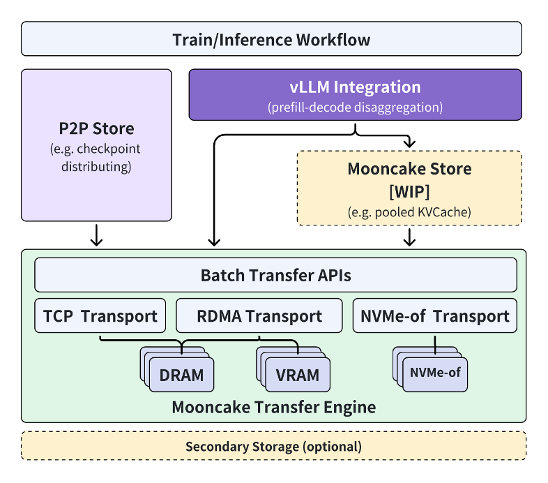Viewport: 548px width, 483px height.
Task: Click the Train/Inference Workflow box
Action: (271, 39)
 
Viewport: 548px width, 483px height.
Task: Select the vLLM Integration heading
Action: (355, 87)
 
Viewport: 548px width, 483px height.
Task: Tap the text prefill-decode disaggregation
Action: (355, 108)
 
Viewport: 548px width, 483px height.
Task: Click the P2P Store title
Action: (96, 129)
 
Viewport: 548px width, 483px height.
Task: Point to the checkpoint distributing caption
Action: (96, 158)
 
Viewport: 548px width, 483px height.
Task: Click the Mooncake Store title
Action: (409, 169)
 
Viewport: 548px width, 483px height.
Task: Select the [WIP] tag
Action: (409, 191)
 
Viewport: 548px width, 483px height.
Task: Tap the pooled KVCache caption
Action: (409, 212)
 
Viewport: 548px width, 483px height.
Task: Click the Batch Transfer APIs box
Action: (275, 275)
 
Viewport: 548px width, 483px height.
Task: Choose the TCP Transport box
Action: (100, 316)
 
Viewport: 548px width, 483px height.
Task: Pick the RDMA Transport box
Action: (259, 316)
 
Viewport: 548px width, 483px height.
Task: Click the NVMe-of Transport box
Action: (436, 316)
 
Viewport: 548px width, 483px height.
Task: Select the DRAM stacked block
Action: (181, 375)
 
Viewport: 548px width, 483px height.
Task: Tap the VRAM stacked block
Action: (297, 375)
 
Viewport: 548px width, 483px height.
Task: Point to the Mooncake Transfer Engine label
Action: (273, 407)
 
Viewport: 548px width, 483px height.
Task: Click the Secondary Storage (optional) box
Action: (273, 446)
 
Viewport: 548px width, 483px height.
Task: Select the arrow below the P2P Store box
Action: (97, 235)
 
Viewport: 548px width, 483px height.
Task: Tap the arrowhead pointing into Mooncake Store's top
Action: (410, 144)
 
